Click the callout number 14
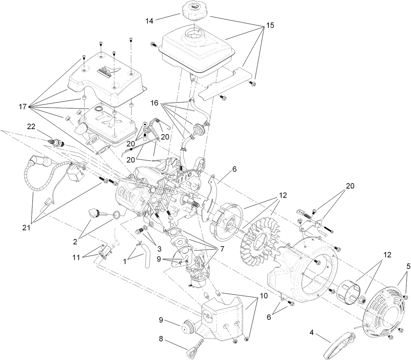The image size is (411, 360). point(149,21)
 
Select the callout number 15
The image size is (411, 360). point(270,25)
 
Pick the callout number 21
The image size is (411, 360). point(26,228)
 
